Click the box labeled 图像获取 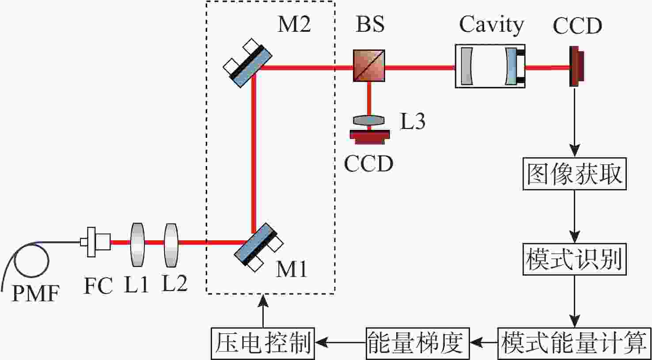point(575,174)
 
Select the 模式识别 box point(575,259)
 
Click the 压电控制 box point(263,344)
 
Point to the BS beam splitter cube point(369,66)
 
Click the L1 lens point(137,245)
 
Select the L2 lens point(171,245)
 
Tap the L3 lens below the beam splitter point(369,120)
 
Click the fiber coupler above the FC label point(95,242)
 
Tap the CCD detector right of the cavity point(576,66)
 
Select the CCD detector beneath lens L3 point(370,137)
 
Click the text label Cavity point(491,25)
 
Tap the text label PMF point(35,293)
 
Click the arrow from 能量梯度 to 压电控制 point(341,342)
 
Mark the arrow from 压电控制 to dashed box point(263,311)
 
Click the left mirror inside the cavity point(466,66)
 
